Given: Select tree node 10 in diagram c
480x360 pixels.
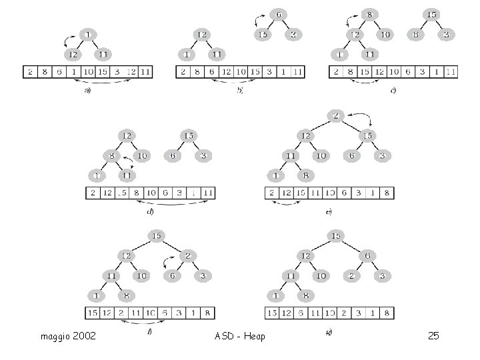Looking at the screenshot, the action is coord(385,35).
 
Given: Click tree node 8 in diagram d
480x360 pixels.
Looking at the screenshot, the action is coord(111,155).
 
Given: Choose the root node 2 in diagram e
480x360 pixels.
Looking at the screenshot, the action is coord(337,116).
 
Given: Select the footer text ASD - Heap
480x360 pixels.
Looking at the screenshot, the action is coord(240,335).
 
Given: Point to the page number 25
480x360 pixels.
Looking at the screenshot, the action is coord(433,335).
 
